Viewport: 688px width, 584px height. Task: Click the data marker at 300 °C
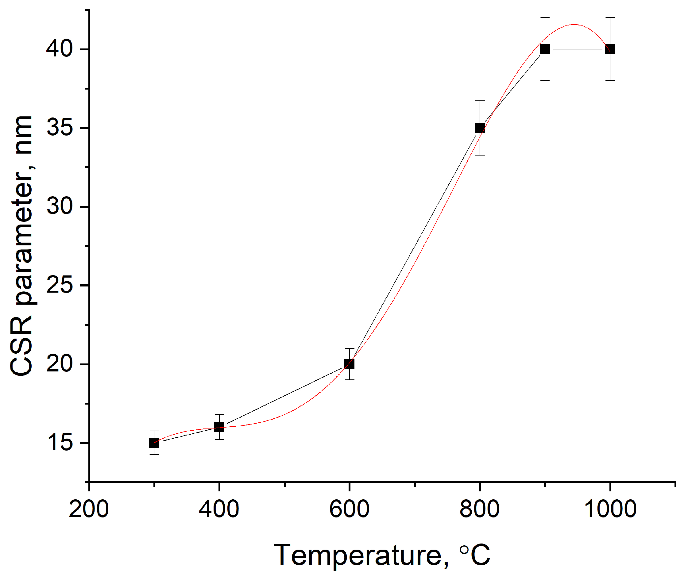tap(154, 443)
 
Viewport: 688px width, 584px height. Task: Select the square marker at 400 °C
tap(219, 427)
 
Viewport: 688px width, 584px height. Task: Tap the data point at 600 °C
tap(349, 364)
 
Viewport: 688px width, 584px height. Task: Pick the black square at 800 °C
tap(480, 128)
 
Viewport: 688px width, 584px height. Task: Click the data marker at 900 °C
tap(545, 49)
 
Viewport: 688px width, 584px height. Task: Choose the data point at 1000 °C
tap(610, 49)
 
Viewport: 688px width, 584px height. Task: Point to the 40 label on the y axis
tap(59, 49)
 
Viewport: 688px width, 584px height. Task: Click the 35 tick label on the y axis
tap(59, 128)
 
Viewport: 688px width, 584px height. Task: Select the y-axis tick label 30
tap(59, 206)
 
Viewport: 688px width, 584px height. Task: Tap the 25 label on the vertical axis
tap(59, 285)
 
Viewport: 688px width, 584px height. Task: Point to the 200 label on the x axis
tap(89, 509)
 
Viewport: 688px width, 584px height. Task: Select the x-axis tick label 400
tap(219, 509)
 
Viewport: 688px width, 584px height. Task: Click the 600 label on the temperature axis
tap(349, 509)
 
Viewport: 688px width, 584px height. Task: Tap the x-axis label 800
tap(480, 509)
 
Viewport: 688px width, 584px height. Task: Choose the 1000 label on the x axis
tap(610, 509)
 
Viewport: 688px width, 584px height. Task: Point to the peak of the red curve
tap(574, 25)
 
